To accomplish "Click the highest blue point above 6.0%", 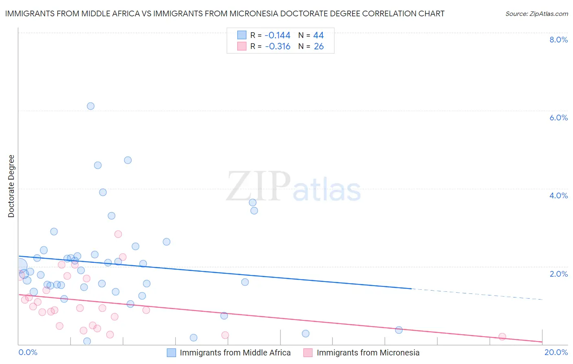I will (x=90, y=106).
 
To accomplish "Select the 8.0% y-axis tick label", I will (x=558, y=40).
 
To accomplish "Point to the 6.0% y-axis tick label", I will (x=558, y=118).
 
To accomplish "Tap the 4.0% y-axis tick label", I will (x=558, y=195).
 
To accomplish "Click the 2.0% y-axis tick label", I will (x=558, y=274).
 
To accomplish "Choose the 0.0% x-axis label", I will (x=28, y=352).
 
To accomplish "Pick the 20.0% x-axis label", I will (x=556, y=352).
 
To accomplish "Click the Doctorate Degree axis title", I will (x=11, y=186).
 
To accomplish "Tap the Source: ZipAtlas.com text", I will (x=536, y=13).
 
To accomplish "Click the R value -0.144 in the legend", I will (x=277, y=35).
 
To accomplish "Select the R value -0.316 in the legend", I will (x=277, y=47).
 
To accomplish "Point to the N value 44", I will (x=318, y=35).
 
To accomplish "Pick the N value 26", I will (x=318, y=47).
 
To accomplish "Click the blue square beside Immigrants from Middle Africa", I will (x=172, y=353).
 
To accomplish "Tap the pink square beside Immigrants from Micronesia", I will (x=308, y=353).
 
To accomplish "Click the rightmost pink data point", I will (x=502, y=337).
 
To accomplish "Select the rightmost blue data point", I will (x=399, y=330).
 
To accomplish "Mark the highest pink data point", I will (x=118, y=234).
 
